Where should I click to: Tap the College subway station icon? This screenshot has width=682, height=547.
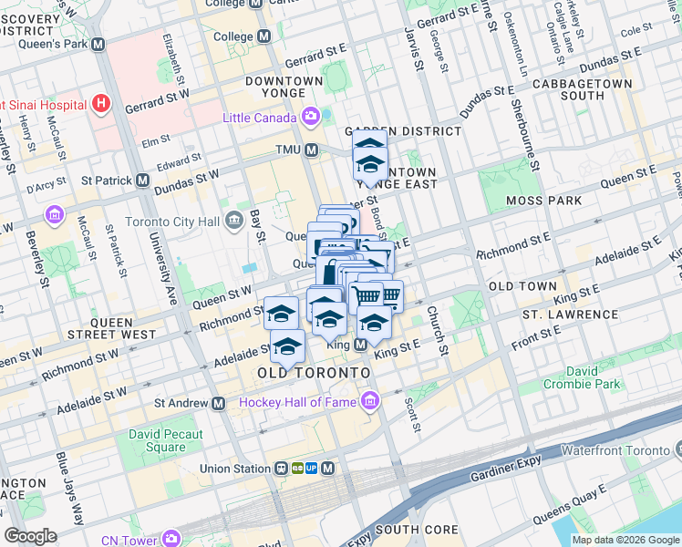tap(264, 36)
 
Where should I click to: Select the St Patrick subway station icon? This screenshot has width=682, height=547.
tap(143, 181)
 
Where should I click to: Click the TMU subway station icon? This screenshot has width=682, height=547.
tap(312, 150)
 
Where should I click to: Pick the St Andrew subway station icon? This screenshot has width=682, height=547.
tap(218, 402)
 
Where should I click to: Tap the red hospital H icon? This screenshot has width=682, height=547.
tap(101, 104)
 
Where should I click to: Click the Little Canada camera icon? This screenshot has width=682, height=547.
tap(312, 117)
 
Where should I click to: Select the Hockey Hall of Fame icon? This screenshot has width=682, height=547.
tap(369, 402)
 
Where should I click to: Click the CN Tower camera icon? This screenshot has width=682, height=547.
tap(170, 540)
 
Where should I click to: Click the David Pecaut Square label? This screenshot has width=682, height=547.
tap(165, 440)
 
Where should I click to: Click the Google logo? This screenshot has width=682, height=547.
tap(31, 535)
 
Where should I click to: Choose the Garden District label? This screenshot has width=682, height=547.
tap(403, 131)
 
